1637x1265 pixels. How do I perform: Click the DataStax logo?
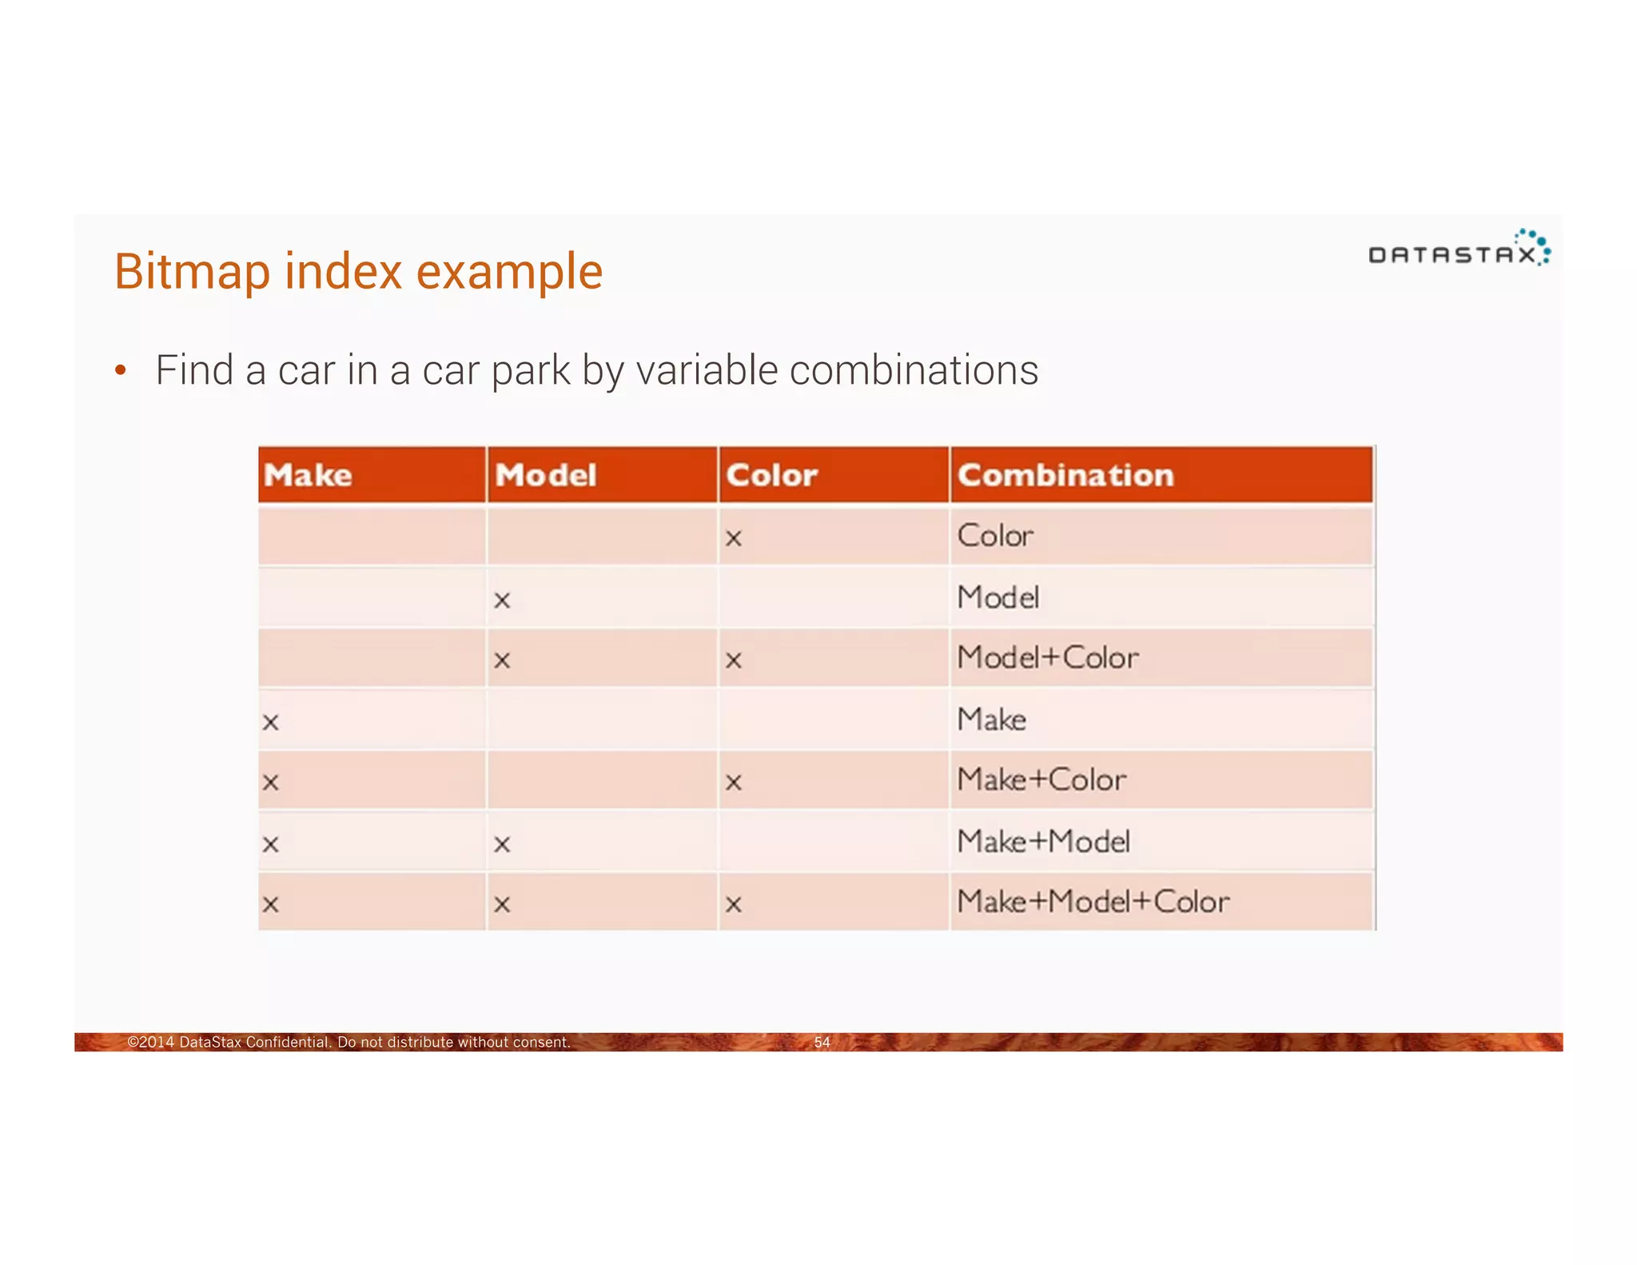click(x=1459, y=249)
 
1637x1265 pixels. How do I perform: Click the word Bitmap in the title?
click(x=193, y=272)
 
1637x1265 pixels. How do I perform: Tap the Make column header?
click(x=308, y=475)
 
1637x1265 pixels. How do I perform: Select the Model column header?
click(x=546, y=475)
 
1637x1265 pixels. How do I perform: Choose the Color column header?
click(x=771, y=475)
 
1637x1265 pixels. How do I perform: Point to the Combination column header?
click(x=1065, y=475)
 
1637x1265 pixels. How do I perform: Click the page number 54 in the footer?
click(x=822, y=1042)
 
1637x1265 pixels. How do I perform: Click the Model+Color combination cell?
click(x=1047, y=658)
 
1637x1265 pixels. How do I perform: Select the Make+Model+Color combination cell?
click(x=1093, y=902)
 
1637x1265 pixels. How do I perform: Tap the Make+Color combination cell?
click(x=1042, y=780)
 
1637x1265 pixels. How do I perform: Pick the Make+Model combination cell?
click(x=1043, y=841)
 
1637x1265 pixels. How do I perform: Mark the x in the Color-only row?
click(x=733, y=539)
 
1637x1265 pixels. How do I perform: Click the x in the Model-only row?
click(x=502, y=601)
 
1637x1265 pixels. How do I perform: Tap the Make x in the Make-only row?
click(x=271, y=723)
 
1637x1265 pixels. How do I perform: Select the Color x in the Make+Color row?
click(x=733, y=783)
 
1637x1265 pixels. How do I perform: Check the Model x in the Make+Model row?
click(x=502, y=844)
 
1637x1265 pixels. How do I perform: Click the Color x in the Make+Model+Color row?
click(x=733, y=905)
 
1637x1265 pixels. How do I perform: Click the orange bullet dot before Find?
click(x=121, y=370)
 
